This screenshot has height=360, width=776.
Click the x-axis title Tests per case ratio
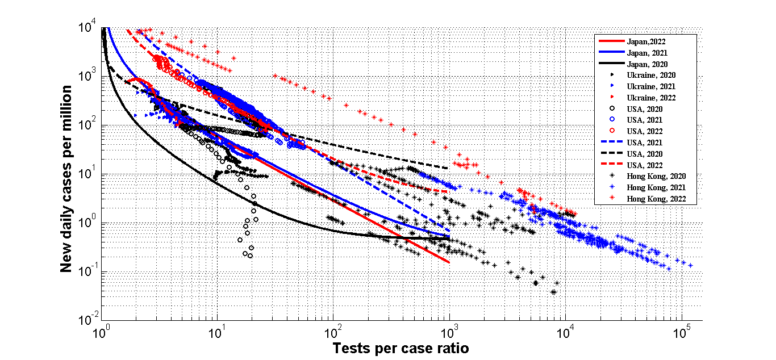400,348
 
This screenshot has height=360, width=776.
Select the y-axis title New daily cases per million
67,179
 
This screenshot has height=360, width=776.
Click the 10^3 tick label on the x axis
449,333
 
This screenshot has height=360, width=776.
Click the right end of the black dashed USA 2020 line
448,168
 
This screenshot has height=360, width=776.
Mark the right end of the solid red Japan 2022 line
449,262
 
